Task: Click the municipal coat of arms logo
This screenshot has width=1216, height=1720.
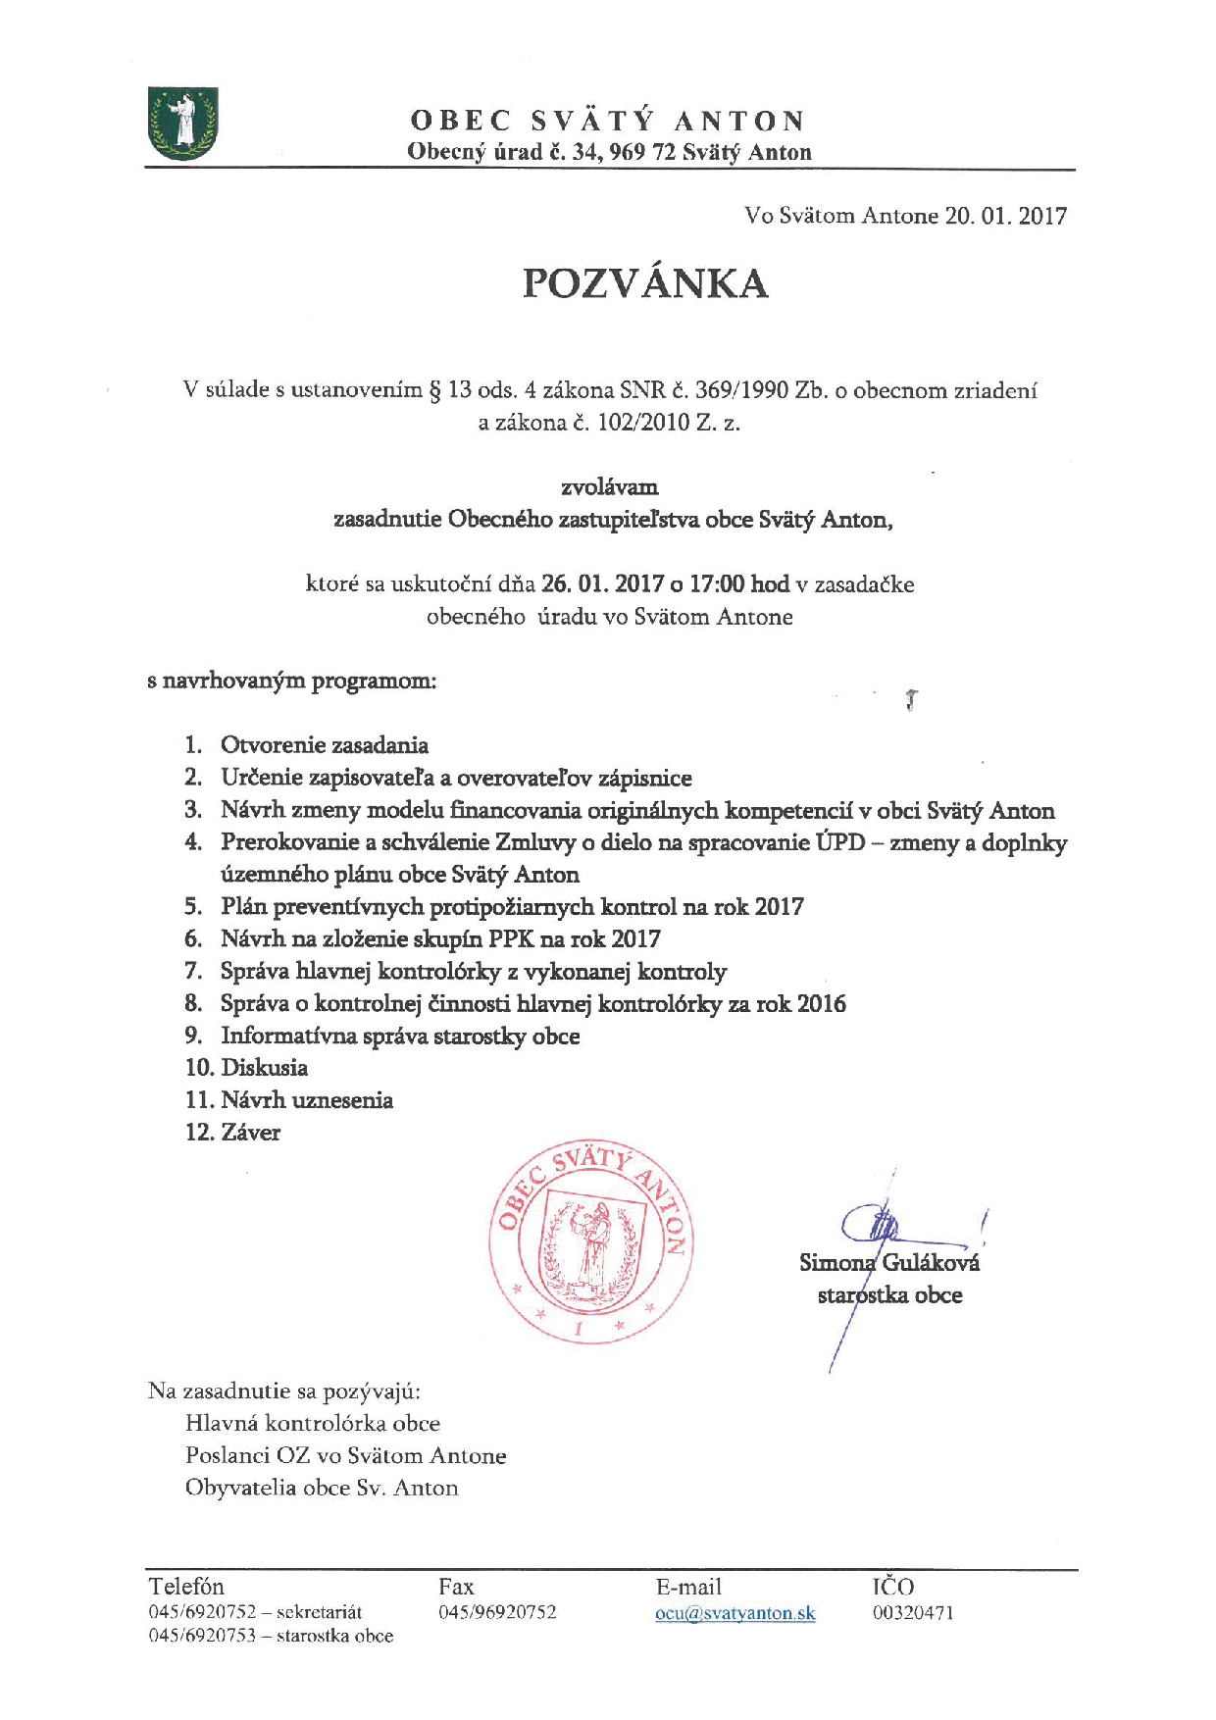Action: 182,124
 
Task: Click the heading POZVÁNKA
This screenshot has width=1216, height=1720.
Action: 644,283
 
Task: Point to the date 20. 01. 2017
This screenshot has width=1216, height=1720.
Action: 1005,216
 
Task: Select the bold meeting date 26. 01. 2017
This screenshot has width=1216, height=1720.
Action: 602,584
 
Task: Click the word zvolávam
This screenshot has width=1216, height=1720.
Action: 609,487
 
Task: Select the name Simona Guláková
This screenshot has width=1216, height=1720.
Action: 888,1263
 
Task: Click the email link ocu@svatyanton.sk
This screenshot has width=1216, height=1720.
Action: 735,1613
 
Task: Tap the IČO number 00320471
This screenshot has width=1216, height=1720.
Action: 912,1613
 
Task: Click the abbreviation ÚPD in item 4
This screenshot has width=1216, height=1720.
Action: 839,842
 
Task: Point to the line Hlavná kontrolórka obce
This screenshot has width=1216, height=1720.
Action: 312,1424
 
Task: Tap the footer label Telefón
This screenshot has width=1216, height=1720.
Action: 186,1587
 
